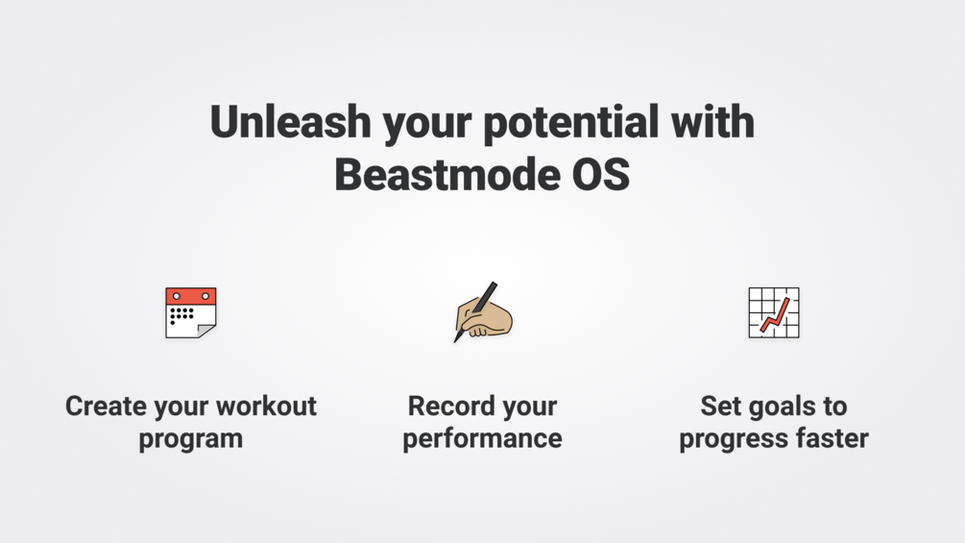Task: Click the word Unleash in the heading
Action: (291, 121)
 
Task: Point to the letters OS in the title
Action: (601, 175)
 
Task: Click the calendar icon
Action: (191, 312)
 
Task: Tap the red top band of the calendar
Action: (191, 295)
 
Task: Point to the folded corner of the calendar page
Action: (206, 331)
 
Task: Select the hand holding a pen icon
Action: (483, 312)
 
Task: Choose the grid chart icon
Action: (774, 312)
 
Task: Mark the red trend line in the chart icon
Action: (775, 314)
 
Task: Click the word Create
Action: (107, 407)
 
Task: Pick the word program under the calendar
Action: (191, 440)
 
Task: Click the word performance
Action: (482, 440)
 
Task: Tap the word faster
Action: (832, 439)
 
